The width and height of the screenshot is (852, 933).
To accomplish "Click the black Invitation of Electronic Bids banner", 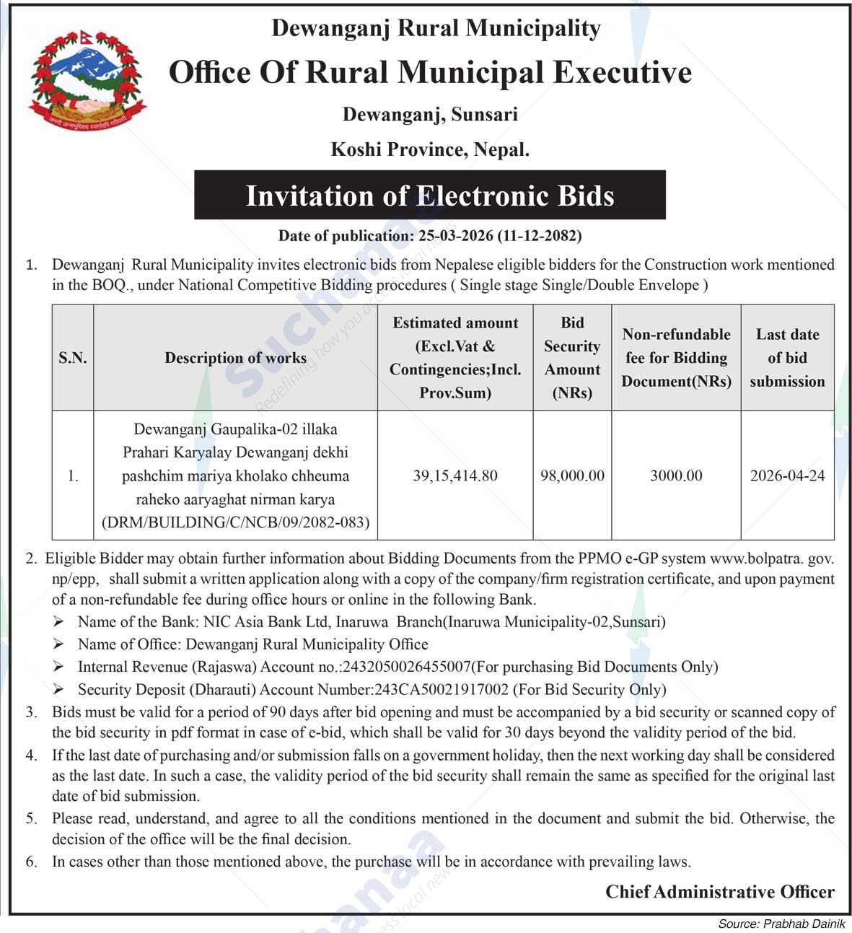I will [429, 196].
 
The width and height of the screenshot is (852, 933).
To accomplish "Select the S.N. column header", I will [73, 358].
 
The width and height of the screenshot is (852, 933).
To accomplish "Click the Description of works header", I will [235, 358].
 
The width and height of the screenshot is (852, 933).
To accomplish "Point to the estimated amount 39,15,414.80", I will [455, 476].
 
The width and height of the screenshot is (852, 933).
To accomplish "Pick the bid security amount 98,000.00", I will [572, 476].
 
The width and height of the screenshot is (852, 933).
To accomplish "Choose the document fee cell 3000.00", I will [676, 476].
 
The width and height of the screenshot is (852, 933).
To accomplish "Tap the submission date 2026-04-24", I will [787, 476].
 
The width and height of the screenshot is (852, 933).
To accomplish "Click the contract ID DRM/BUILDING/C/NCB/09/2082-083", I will [236, 522].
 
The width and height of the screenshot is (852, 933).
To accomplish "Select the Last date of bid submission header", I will [787, 358].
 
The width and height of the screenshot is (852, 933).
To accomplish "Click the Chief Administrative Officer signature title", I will [719, 892].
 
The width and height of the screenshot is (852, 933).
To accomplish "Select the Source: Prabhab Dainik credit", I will [781, 924].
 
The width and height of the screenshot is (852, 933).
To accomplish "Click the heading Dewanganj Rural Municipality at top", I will [436, 28].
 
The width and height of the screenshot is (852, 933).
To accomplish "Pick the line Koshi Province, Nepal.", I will [430, 149].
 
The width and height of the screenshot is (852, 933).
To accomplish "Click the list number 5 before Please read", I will [31, 818].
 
